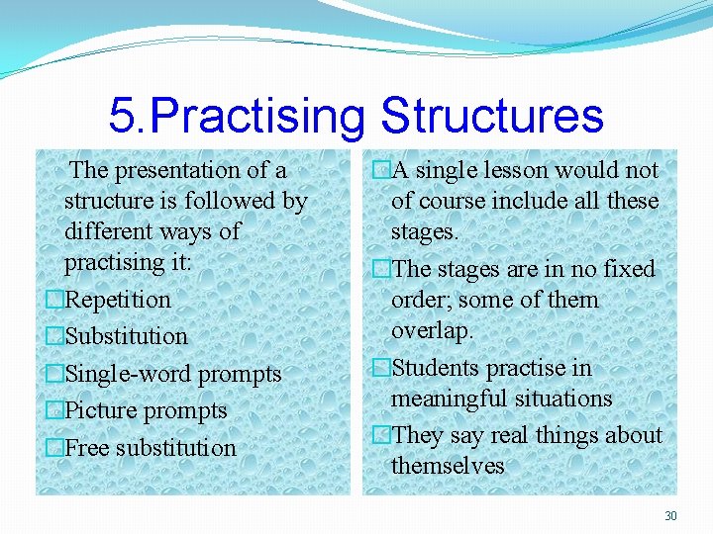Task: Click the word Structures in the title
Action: click(491, 116)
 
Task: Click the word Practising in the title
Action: click(260, 116)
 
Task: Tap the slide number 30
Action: click(670, 515)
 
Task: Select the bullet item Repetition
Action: click(117, 300)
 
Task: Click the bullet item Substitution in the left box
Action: click(126, 336)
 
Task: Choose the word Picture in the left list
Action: click(102, 410)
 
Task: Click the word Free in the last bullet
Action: click(87, 448)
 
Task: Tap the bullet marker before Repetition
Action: click(55, 300)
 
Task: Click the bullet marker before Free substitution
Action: click(55, 448)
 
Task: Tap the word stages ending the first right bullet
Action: click(425, 231)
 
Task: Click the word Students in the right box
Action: click(436, 369)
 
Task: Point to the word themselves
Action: click(448, 466)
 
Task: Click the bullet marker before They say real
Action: click(381, 435)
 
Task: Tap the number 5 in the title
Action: click(123, 116)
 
